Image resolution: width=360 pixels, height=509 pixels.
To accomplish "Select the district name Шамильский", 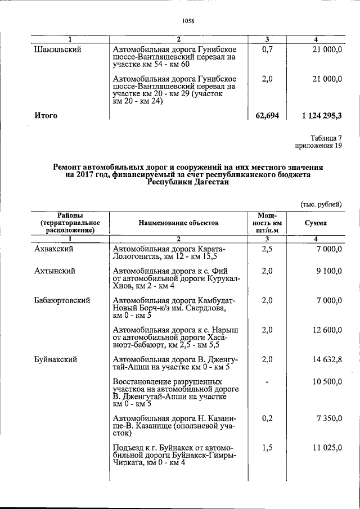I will pos(58,49).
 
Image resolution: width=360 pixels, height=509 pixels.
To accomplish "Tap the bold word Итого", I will pos(46,115).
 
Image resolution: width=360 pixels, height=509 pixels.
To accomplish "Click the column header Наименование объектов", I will pos(178,223).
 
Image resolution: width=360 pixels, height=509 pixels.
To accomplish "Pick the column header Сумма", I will pos(316,223).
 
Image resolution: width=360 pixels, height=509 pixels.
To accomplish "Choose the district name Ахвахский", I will pos(54,248).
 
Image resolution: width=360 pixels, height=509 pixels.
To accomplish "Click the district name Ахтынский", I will pos(55,271).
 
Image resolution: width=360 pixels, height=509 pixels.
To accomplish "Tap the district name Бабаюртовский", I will pos(62,300).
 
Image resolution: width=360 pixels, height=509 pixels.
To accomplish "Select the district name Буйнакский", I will pos(56,359).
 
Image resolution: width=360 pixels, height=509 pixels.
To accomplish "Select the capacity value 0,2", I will pos(267,418).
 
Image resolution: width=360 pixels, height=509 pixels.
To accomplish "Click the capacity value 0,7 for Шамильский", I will pos(267,49).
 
